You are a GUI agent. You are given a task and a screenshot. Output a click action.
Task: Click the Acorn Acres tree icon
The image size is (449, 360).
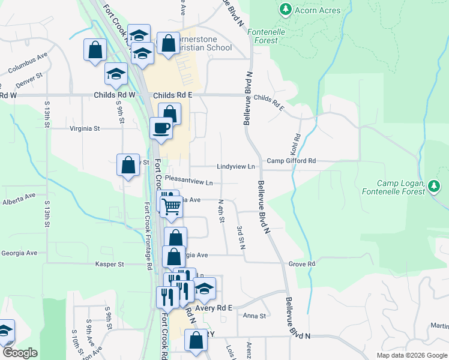point(286,10)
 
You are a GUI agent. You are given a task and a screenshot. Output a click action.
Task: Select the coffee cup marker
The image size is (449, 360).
point(161,128)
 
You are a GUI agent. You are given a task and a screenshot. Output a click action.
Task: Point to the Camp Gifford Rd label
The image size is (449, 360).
point(291,161)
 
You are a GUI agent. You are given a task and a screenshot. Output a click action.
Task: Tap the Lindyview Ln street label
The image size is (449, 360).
point(236,166)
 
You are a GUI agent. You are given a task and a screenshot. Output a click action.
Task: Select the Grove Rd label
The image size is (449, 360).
point(301,264)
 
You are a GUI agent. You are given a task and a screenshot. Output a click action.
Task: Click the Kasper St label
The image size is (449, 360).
point(109,264)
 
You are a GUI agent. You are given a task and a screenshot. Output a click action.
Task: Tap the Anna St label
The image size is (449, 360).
point(254,316)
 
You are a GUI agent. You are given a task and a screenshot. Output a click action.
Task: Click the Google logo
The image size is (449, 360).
point(20,353)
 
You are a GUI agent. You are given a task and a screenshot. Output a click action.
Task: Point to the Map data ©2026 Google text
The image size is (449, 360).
point(411,355)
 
